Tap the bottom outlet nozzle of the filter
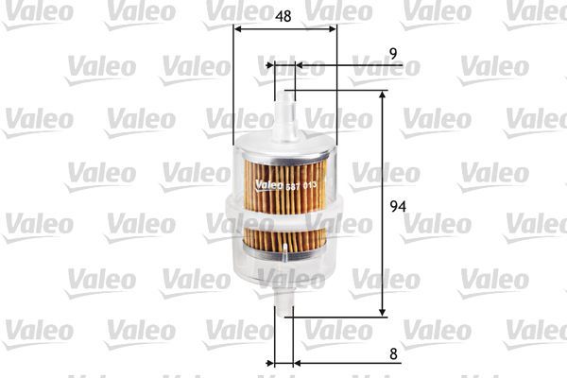tap(283, 307)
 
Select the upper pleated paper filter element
tap(283, 176)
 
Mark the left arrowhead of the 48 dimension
tap(236, 29)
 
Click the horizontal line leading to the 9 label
tap(350, 66)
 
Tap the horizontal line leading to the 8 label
tap(350, 362)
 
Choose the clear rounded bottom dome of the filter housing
tap(283, 279)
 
